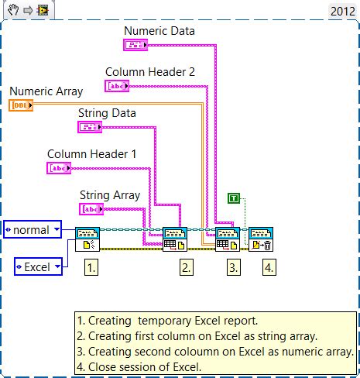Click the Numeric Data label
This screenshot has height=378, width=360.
point(159,31)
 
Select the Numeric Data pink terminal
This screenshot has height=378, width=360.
point(136,45)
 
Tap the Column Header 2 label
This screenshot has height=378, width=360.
point(149,72)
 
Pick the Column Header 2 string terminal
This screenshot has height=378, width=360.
point(118,86)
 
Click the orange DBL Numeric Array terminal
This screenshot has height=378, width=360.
point(21,105)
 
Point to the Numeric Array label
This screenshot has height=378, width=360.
point(46,91)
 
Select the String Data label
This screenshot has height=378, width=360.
point(107,113)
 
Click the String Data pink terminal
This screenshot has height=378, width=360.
point(90,127)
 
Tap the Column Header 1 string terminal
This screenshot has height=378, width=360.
point(60,168)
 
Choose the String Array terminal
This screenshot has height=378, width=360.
point(92,209)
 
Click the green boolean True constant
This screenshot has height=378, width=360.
point(234,198)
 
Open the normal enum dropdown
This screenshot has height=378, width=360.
point(33,230)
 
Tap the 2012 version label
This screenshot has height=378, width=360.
point(342,11)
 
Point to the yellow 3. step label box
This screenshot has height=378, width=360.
point(234,267)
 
